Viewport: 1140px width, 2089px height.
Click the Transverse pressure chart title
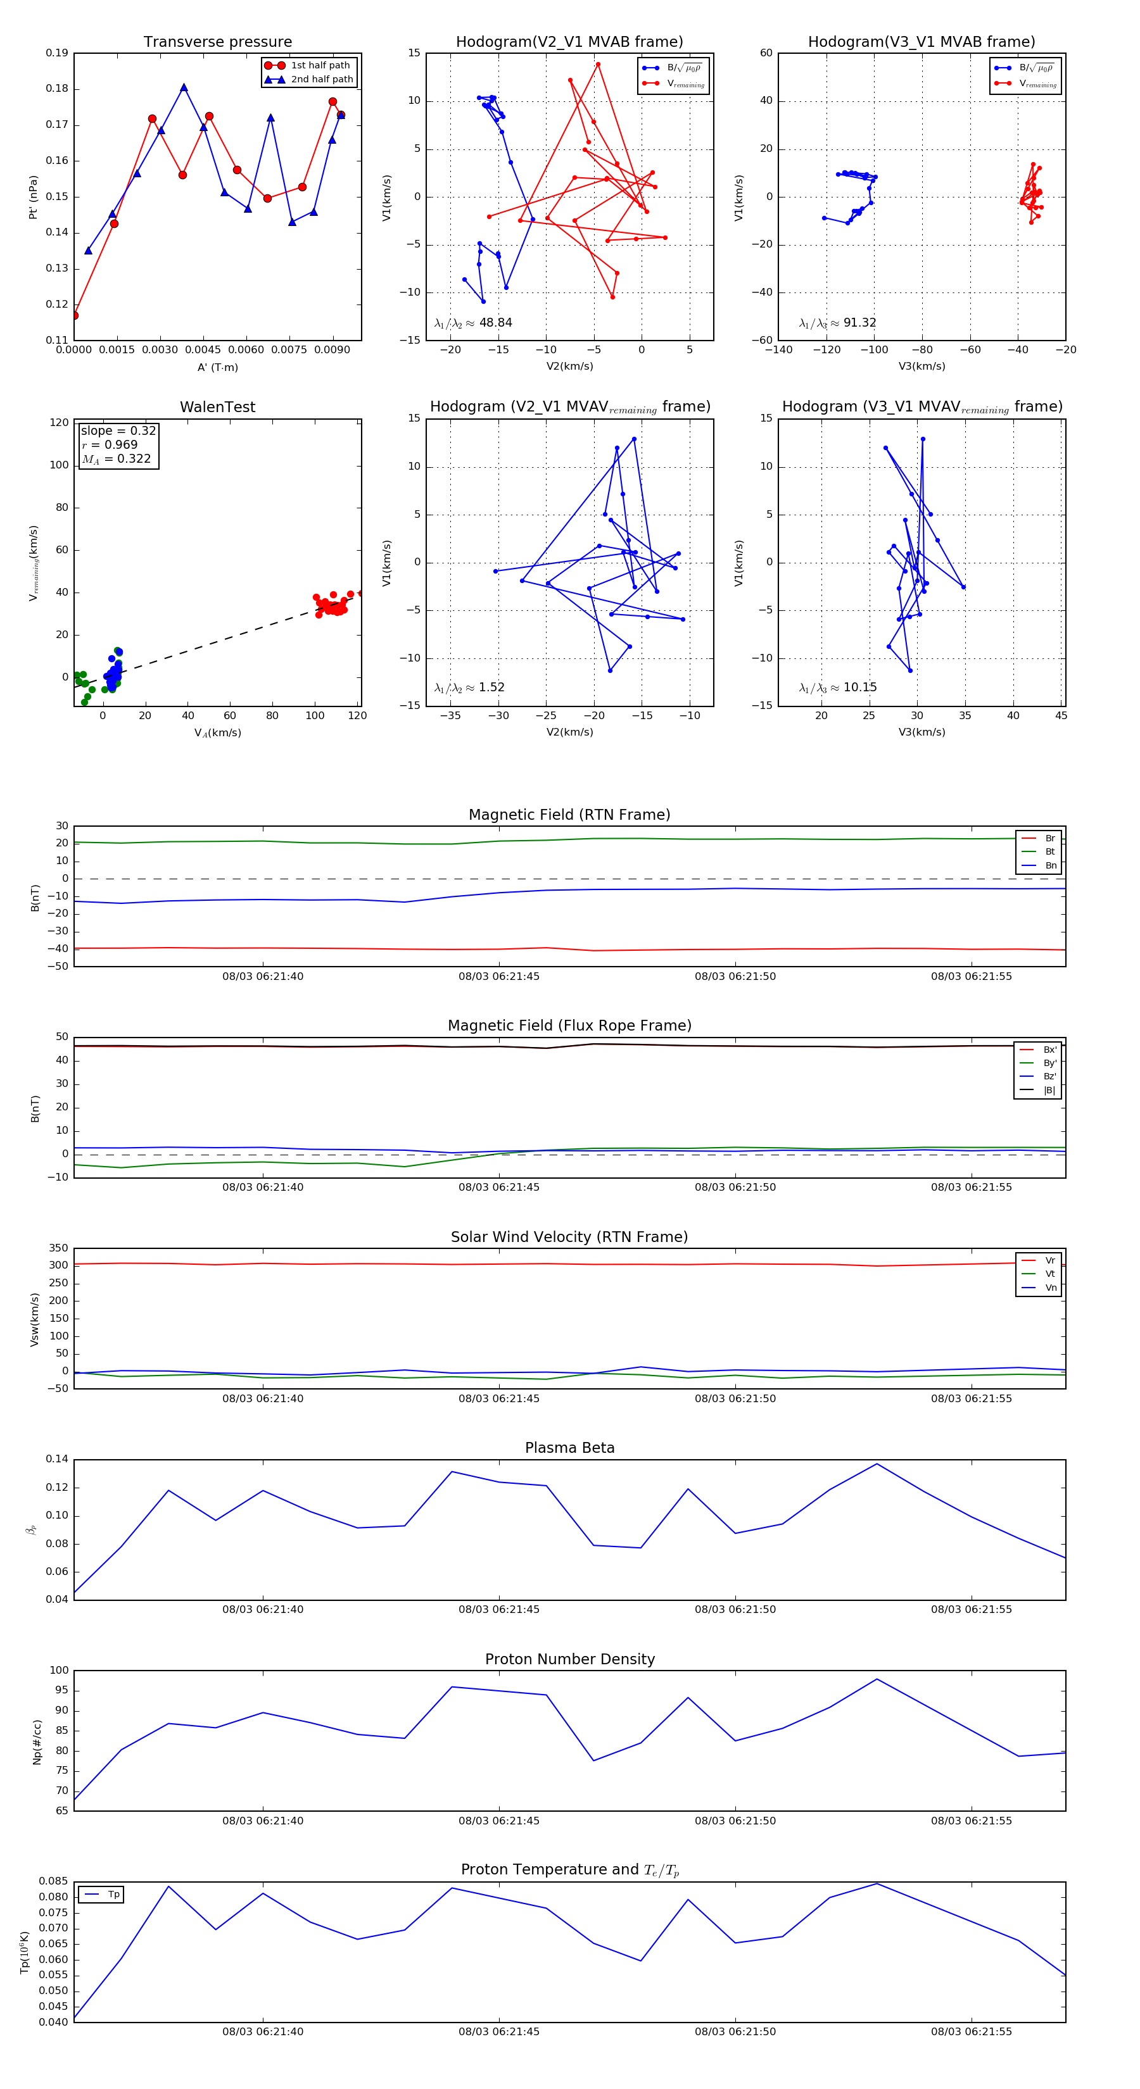pos(217,42)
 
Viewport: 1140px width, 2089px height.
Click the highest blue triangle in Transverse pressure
pos(184,87)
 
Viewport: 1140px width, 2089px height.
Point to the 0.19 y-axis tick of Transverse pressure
pos(57,54)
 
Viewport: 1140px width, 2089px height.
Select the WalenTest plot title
pos(217,407)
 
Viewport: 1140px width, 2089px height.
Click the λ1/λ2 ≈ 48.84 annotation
pos(473,323)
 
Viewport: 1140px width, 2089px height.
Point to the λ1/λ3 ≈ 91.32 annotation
pos(837,323)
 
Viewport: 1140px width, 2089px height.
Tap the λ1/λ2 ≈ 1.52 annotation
pos(469,687)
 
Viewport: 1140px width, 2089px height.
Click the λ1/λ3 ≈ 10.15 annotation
pos(837,687)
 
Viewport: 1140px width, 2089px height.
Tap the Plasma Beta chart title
pos(569,1448)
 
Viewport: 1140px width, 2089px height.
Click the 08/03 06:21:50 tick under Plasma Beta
pos(735,1610)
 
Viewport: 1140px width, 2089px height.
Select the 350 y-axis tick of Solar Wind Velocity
pos(58,1249)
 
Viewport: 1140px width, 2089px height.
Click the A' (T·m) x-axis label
pos(217,367)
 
